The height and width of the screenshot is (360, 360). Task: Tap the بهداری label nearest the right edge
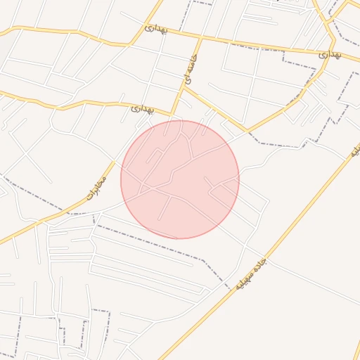point(329,53)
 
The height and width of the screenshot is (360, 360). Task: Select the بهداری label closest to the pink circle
point(142,110)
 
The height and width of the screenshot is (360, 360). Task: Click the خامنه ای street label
point(191,70)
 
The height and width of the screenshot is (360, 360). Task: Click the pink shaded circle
point(180,179)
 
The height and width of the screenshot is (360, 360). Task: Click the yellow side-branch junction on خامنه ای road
point(185,88)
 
